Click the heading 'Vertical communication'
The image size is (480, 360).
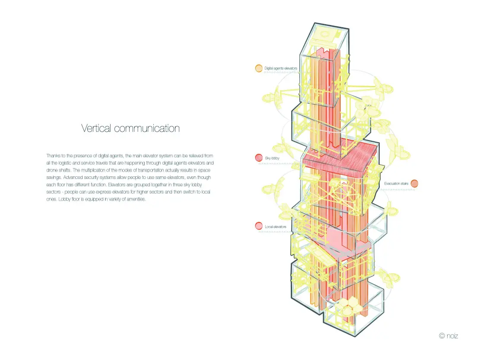click(x=130, y=128)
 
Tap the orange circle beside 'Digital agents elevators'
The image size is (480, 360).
click(x=259, y=68)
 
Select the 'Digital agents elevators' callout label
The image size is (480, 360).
click(x=281, y=68)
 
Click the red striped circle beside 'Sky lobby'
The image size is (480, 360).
click(x=259, y=158)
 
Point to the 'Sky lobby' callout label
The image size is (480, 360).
click(x=272, y=158)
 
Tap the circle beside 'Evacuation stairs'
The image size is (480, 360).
click(x=414, y=183)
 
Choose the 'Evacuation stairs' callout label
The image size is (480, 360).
click(x=396, y=184)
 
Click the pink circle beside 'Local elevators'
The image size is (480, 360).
click(x=259, y=226)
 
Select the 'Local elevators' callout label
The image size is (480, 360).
click(x=276, y=227)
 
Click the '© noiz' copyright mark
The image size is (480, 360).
click(x=448, y=336)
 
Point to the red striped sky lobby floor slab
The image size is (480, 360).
click(x=340, y=158)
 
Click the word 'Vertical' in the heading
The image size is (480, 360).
click(x=96, y=128)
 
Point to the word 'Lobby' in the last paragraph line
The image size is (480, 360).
click(x=65, y=199)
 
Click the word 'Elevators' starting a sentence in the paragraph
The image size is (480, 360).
click(x=117, y=185)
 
